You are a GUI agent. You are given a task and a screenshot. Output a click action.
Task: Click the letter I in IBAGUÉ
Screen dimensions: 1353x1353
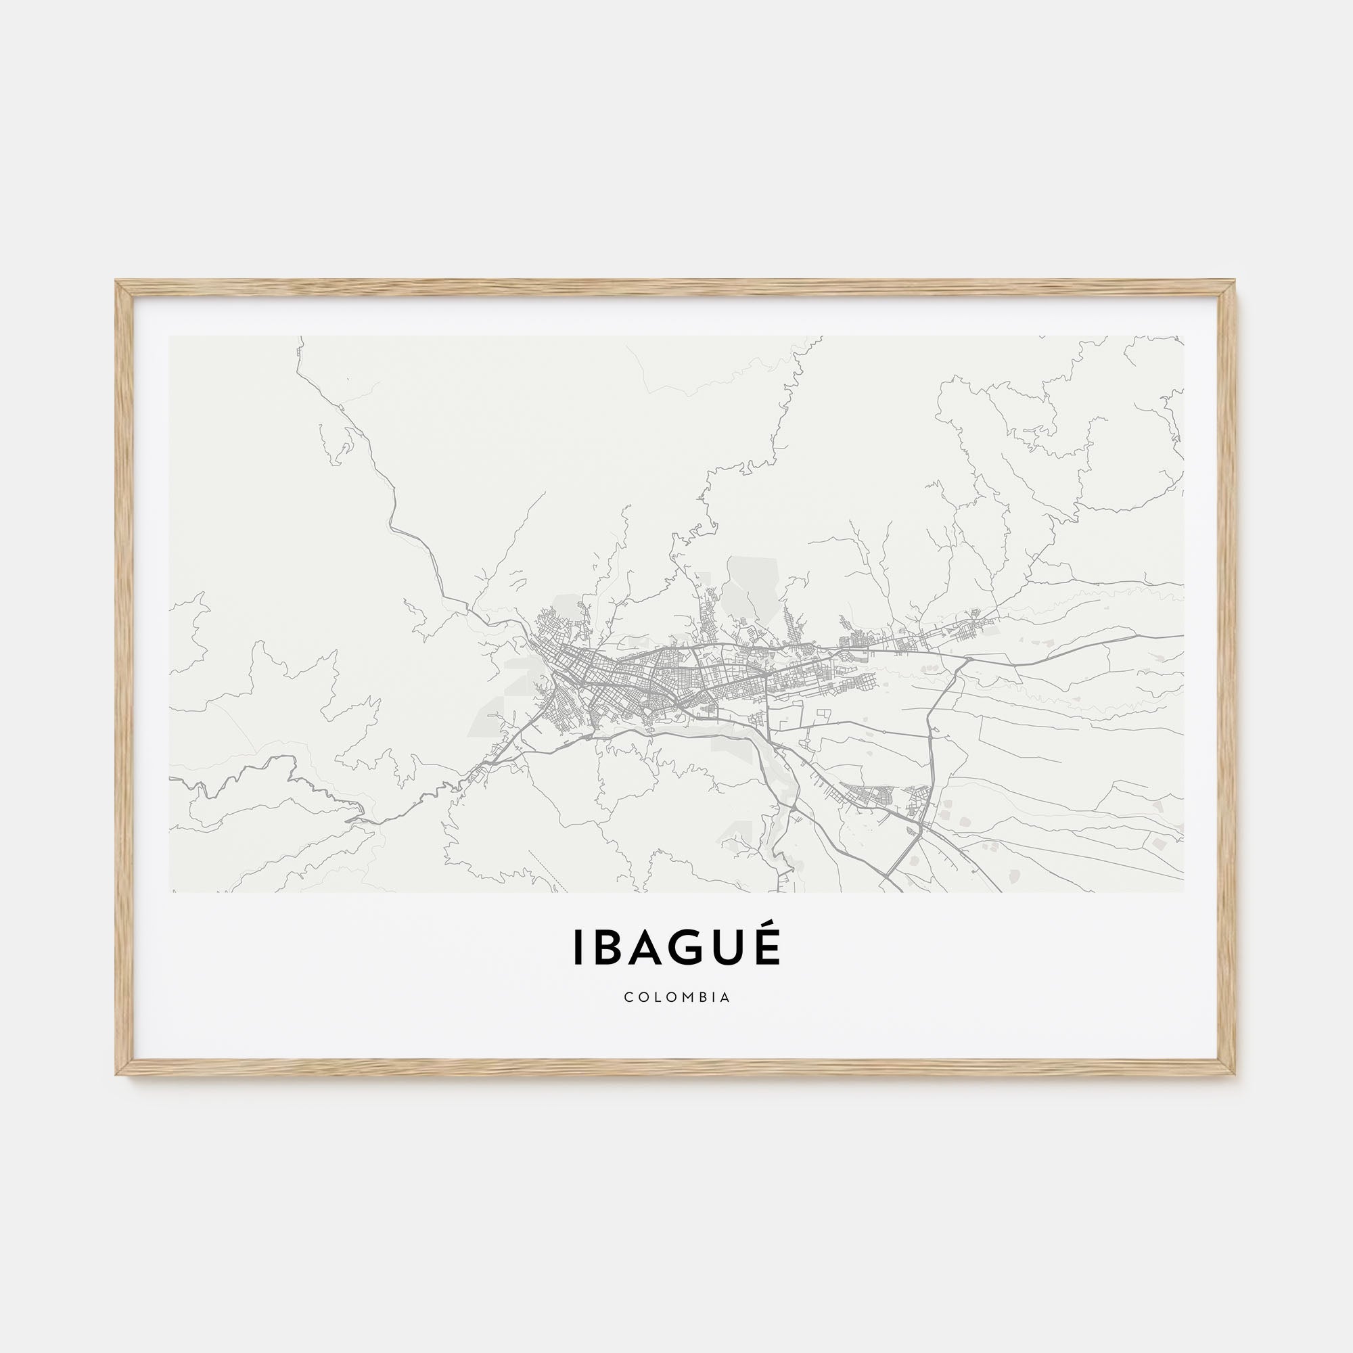tap(578, 947)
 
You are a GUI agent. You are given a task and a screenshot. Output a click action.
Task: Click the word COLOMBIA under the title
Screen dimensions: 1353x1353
tap(677, 997)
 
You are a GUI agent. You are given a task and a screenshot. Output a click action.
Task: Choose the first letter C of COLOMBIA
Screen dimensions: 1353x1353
tap(628, 997)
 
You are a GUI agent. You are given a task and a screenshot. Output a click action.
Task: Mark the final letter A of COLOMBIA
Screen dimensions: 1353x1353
tap(725, 997)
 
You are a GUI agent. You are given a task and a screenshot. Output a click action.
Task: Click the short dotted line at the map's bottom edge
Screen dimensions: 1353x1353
tap(548, 872)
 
